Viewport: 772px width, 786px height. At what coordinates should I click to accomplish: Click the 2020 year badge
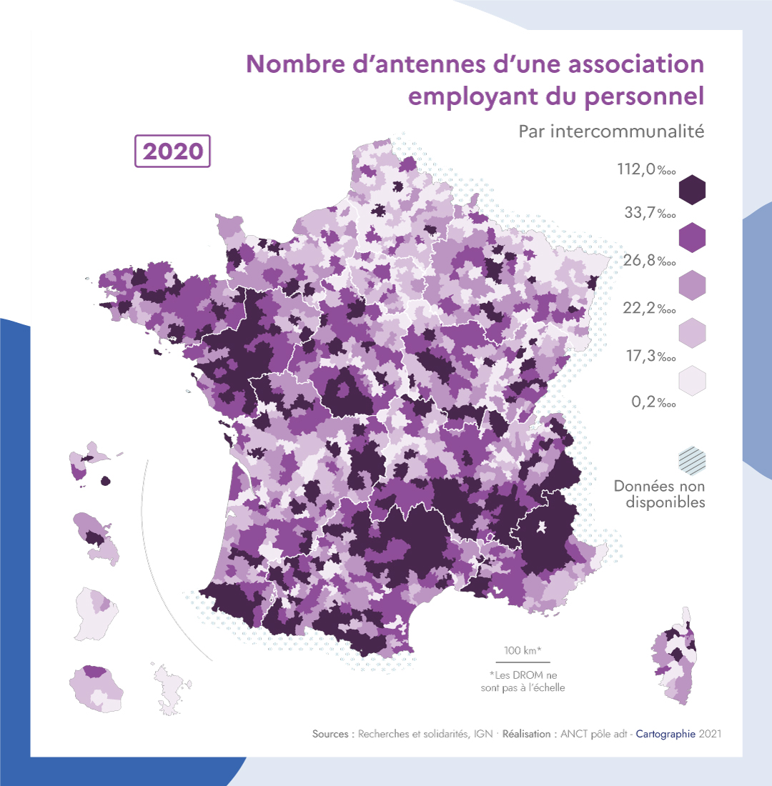pyautogui.click(x=172, y=151)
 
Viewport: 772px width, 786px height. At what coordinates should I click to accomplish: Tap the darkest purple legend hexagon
pyautogui.click(x=691, y=190)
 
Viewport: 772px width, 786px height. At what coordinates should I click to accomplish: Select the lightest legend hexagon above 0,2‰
pyautogui.click(x=691, y=380)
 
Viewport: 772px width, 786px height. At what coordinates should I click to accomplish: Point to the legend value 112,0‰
pyautogui.click(x=646, y=170)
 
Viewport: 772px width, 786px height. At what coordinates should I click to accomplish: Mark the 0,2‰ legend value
pyautogui.click(x=653, y=402)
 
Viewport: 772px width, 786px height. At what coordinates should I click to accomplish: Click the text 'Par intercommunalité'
pyautogui.click(x=611, y=131)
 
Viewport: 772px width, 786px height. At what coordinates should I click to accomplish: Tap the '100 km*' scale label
pyautogui.click(x=522, y=650)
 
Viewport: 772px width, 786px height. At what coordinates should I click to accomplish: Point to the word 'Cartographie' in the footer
pyautogui.click(x=665, y=734)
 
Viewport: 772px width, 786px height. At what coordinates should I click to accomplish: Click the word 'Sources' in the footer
pyautogui.click(x=332, y=734)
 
